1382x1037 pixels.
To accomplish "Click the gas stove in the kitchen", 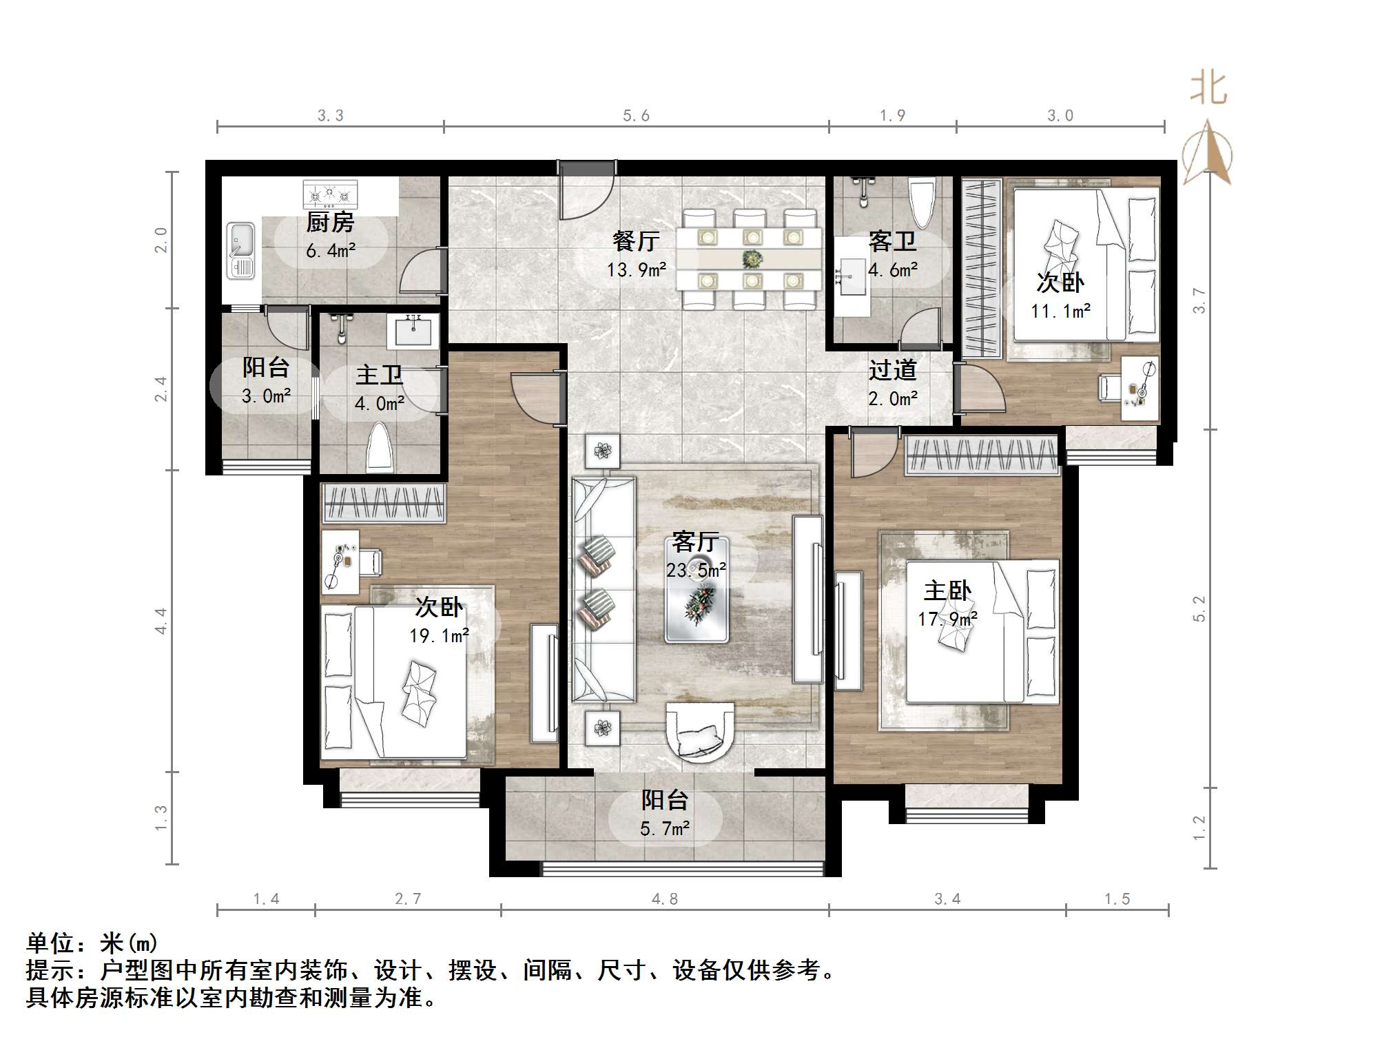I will tap(331, 194).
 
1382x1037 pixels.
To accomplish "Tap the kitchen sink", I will tap(241, 249).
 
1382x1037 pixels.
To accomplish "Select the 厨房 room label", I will tap(330, 223).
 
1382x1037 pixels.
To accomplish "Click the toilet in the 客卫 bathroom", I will tap(922, 203).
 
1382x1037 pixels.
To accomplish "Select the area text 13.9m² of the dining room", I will tap(637, 270).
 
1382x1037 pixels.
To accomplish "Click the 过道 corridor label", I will tap(892, 371).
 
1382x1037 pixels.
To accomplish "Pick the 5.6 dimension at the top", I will tap(636, 116).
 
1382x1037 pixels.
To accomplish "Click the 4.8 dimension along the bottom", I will tap(664, 899).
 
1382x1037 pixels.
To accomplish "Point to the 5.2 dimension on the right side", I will tap(1199, 608).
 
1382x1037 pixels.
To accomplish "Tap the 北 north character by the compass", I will tap(1208, 90).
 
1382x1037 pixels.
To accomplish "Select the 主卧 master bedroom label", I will tap(947, 591).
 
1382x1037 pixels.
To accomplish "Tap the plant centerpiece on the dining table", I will tap(752, 259).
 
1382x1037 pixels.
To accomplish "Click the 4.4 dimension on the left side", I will tap(161, 621).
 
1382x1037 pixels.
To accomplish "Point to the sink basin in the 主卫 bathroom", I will tap(414, 332).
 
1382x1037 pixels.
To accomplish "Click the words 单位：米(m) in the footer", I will tap(92, 943).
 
